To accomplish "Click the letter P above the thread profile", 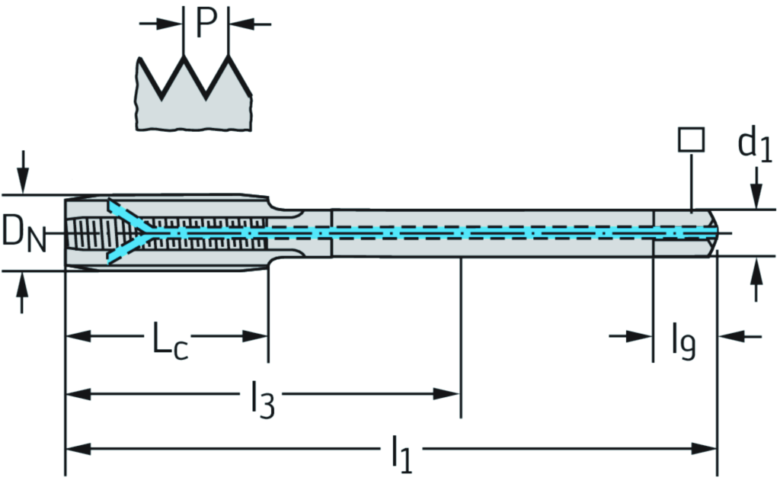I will coord(206,24).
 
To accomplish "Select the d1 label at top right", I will coord(755,146).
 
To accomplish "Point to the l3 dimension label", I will coord(261,399).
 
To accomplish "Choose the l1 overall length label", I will coord(401,454).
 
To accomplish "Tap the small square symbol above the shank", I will coord(690,140).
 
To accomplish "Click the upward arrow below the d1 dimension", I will coord(756,271).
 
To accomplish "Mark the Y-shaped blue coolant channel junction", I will coord(142,229).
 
